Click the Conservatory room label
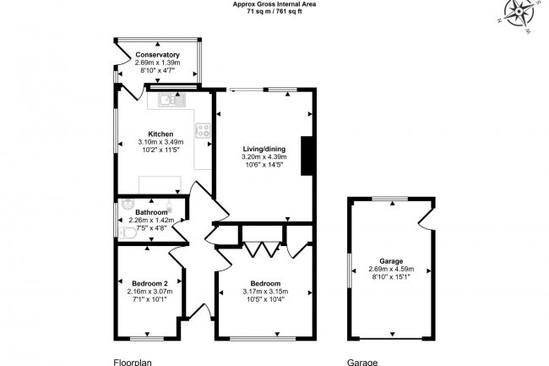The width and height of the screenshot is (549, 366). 157,55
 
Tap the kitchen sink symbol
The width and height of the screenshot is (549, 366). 170,101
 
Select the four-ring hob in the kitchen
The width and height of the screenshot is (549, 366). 203,130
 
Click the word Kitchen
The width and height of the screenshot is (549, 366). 160,134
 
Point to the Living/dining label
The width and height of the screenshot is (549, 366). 264,149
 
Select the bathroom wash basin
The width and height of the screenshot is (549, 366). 126,204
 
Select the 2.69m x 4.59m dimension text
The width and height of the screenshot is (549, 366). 391,270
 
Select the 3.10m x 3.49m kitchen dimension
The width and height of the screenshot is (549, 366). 160,142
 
